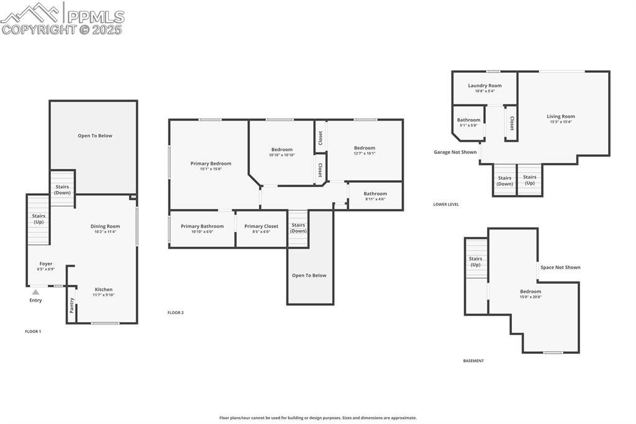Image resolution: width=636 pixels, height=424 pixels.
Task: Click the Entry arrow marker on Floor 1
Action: point(35,292)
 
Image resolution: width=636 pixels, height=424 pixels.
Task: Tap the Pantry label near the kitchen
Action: point(72,305)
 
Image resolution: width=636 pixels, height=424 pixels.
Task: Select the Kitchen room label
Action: point(104,289)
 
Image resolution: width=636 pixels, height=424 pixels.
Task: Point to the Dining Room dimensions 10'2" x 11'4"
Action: point(105,232)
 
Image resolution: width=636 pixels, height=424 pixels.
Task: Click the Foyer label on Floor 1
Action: point(46,264)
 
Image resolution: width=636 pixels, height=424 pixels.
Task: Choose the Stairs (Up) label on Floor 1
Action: point(39,219)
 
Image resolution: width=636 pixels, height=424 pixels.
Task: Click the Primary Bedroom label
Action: point(211,164)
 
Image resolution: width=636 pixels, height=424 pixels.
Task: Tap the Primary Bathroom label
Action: point(202,226)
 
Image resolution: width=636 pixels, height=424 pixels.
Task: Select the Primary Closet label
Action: point(261,226)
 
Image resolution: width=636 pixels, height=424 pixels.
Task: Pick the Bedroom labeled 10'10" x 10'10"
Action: point(281,155)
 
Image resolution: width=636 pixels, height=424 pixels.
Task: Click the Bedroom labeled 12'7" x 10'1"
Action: point(365,153)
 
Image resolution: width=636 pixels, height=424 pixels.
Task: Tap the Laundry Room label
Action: point(484,86)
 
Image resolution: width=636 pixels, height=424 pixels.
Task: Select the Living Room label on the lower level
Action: point(560,116)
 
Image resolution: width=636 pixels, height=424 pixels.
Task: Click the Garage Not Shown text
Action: point(455,152)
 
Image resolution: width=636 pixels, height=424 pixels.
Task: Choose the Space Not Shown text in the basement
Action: point(560,267)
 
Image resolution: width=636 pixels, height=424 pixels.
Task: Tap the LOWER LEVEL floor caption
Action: point(446,204)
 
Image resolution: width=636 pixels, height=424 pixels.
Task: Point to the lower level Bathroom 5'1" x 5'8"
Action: point(468,120)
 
